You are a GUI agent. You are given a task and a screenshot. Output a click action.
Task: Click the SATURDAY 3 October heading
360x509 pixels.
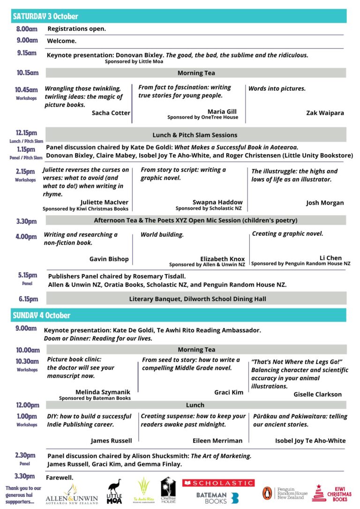pyautogui.click(x=45, y=16)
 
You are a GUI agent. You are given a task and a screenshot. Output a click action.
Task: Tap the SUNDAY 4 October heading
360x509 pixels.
pyautogui.click(x=42, y=315)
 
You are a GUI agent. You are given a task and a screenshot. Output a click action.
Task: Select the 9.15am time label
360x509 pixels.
pyautogui.click(x=27, y=53)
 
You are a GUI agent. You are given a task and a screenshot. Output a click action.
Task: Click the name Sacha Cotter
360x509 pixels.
pyautogui.click(x=111, y=113)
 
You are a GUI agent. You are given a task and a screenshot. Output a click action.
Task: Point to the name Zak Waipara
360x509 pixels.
pyautogui.click(x=325, y=113)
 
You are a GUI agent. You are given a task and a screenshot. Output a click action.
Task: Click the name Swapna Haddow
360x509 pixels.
pyautogui.click(x=217, y=202)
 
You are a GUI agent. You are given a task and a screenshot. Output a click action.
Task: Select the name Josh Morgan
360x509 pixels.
pyautogui.click(x=325, y=203)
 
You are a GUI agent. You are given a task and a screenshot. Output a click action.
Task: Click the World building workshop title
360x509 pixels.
pyautogui.click(x=162, y=234)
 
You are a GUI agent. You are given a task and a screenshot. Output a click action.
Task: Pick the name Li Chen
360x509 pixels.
pyautogui.click(x=330, y=258)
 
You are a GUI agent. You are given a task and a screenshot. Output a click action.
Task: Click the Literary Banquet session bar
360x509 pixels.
pyautogui.click(x=197, y=299)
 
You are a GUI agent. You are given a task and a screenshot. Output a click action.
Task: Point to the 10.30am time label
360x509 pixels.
pyautogui.click(x=27, y=361)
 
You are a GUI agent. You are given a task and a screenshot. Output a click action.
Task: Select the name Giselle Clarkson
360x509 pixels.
pyautogui.click(x=317, y=394)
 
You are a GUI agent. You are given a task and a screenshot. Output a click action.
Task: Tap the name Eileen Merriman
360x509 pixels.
pyautogui.click(x=217, y=441)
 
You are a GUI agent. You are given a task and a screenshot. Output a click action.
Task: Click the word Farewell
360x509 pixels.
pyautogui.click(x=60, y=478)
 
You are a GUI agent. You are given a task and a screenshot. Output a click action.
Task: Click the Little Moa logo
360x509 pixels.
pyautogui.click(x=115, y=492)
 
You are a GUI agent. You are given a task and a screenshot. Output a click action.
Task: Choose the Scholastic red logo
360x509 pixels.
pyautogui.click(x=218, y=483)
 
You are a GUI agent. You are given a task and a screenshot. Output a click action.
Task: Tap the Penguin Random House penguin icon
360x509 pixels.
pyautogui.click(x=267, y=494)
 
